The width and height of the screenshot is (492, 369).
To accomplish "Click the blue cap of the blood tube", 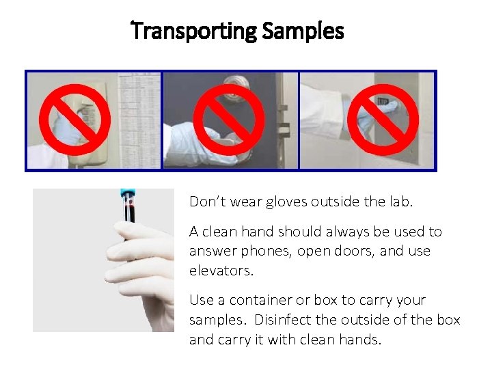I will pyautogui.click(x=127, y=195).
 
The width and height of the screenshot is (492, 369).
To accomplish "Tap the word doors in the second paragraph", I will pyautogui.click(x=350, y=251).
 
